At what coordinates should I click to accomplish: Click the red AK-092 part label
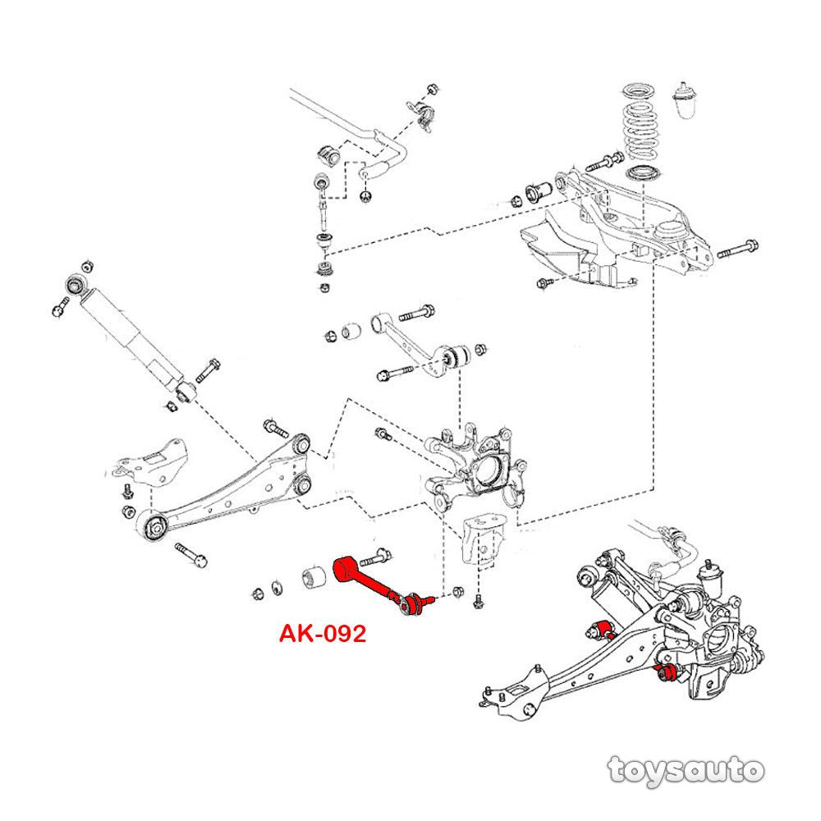point(322,634)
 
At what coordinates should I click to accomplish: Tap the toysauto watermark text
point(686,770)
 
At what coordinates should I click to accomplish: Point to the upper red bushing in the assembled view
point(607,630)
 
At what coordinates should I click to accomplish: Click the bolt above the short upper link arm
point(420,312)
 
